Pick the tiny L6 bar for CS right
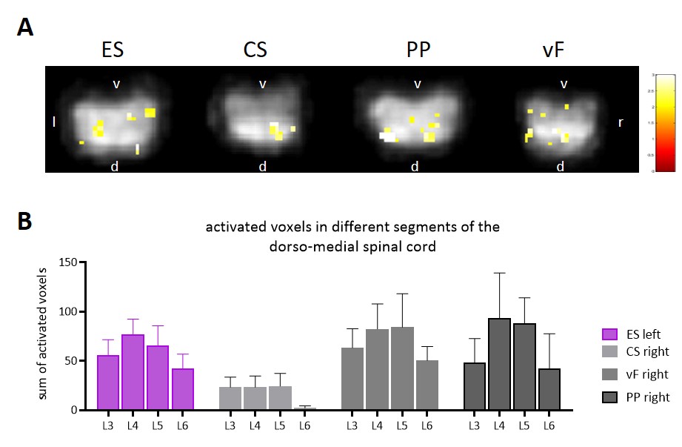tap(303, 408)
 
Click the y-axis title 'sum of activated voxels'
tap(43, 336)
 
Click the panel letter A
tap(26, 28)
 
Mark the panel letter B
tap(25, 221)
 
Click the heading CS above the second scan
tap(255, 50)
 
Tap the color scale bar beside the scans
tap(665, 122)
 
